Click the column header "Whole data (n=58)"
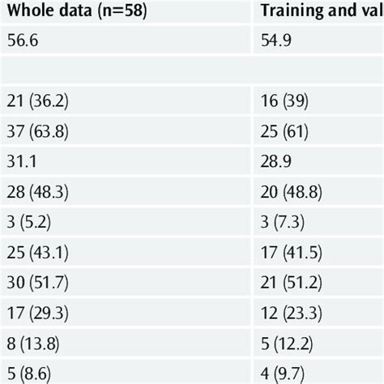[x=78, y=14]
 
